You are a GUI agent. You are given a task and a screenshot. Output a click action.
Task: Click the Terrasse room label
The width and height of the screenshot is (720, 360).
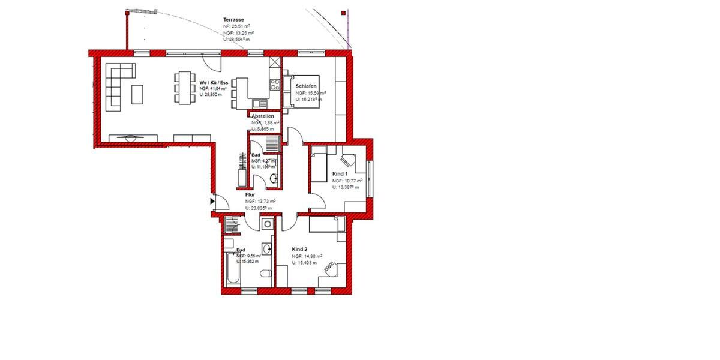tap(233, 20)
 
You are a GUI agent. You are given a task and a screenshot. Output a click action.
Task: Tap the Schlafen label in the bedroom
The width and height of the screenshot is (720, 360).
tap(306, 86)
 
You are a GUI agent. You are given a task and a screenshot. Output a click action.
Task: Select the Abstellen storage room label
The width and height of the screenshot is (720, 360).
tap(263, 116)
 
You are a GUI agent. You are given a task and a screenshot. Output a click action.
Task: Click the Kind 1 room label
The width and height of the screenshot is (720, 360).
tap(341, 173)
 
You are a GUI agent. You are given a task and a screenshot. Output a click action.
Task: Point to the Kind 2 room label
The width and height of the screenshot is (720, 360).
tap(300, 249)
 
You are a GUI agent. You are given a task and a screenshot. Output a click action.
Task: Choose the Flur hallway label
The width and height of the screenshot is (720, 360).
tap(251, 195)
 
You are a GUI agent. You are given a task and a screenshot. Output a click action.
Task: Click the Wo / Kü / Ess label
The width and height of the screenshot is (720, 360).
tap(214, 83)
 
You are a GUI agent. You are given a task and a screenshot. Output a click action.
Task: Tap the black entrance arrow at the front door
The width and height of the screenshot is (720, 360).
tap(212, 202)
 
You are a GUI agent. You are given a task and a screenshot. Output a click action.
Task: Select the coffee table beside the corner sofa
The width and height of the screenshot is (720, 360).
tap(137, 94)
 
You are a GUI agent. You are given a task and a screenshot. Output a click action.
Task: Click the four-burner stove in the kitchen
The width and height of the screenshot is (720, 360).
tap(275, 84)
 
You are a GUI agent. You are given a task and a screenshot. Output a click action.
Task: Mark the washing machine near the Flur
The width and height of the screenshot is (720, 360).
tap(267, 224)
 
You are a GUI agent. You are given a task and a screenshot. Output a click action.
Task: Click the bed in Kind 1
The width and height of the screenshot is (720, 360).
tap(318, 166)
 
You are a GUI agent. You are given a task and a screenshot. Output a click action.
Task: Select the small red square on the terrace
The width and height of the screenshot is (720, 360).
tap(343, 12)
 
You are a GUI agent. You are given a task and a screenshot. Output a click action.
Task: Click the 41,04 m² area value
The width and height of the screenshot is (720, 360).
tap(209, 89)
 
